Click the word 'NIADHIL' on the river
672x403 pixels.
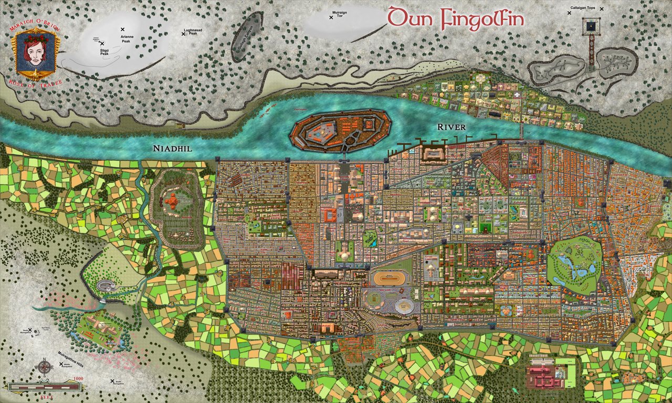(x=172, y=149)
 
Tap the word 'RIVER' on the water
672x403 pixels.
(x=451, y=127)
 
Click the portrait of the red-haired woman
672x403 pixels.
(x=35, y=51)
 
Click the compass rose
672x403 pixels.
(x=44, y=367)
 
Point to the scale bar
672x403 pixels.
(x=44, y=386)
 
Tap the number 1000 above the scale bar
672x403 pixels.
(x=79, y=379)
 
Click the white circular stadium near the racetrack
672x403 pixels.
(x=404, y=305)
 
